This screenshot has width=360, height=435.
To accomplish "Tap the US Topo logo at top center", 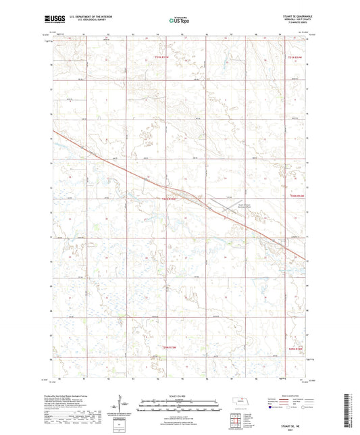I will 177,21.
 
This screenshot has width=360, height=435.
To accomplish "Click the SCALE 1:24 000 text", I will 179,394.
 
